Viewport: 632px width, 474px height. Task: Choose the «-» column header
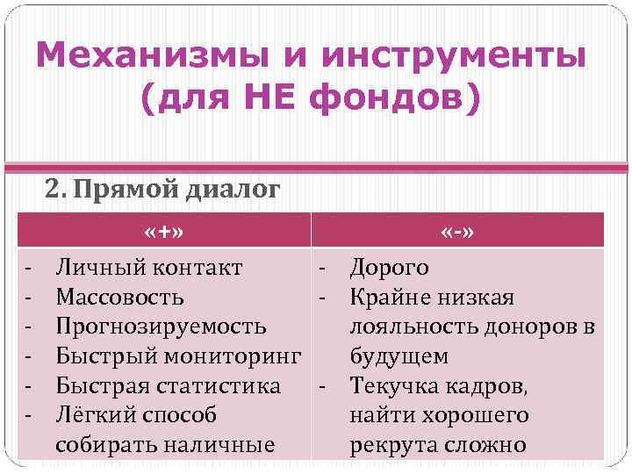pyautogui.click(x=458, y=232)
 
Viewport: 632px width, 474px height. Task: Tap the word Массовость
pyautogui.click(x=119, y=297)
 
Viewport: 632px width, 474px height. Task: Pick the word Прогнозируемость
pyautogui.click(x=161, y=327)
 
